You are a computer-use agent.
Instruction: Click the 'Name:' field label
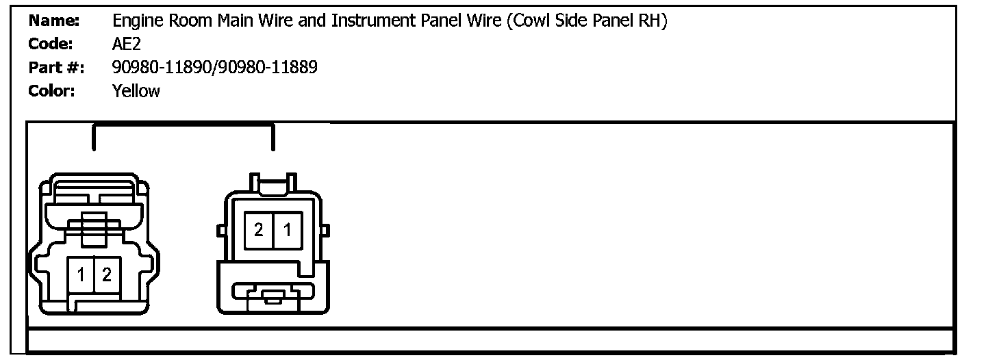click(x=54, y=21)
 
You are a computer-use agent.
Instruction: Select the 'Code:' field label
click(x=51, y=44)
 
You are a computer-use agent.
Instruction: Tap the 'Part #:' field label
click(x=56, y=68)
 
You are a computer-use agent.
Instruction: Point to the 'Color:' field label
click(x=51, y=91)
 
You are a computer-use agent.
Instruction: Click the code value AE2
click(x=126, y=44)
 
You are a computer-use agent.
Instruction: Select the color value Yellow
click(x=136, y=91)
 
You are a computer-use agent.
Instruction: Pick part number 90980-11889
click(x=267, y=68)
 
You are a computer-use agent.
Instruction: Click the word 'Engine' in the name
click(x=134, y=22)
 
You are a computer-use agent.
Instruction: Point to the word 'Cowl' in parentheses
click(x=526, y=21)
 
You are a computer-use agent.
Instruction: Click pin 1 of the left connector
click(x=81, y=275)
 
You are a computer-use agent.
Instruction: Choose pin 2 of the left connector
click(x=106, y=275)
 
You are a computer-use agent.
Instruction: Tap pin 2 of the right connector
click(x=258, y=230)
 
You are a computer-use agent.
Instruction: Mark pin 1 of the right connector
click(x=287, y=230)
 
